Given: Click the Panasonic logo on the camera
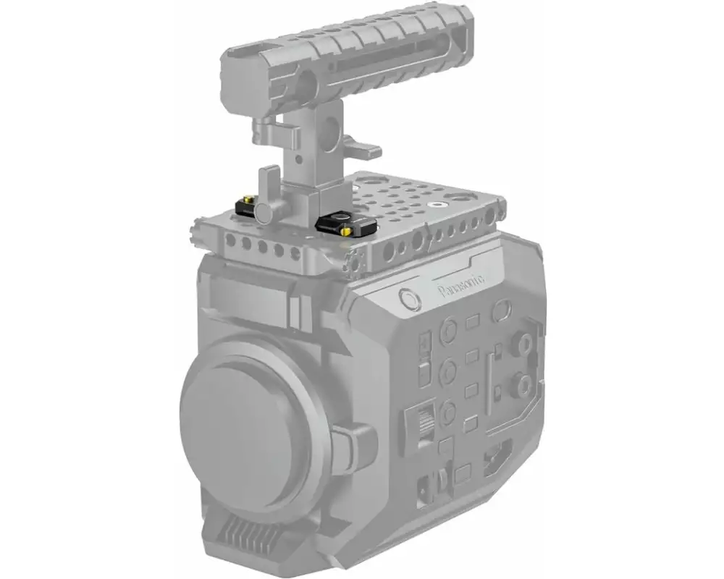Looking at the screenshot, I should pos(462,291).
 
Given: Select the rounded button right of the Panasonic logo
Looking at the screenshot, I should pos(500,310).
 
